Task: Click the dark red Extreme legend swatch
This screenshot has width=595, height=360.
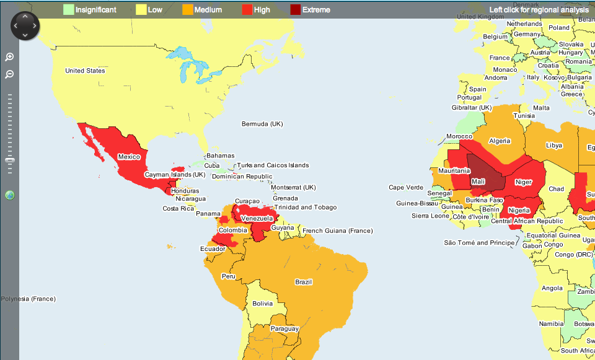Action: click(x=295, y=10)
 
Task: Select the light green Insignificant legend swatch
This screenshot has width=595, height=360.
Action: click(x=68, y=10)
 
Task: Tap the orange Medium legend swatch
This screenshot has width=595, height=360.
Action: click(x=187, y=10)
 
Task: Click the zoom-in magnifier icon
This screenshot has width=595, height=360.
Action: click(x=9, y=57)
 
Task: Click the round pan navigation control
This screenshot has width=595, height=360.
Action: click(x=25, y=25)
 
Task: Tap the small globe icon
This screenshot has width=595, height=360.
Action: click(x=9, y=196)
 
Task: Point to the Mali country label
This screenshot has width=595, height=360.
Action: click(x=478, y=182)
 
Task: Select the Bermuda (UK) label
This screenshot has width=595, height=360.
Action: click(x=262, y=124)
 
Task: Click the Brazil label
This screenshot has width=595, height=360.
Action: click(x=303, y=282)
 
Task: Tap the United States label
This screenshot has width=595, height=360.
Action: click(x=85, y=71)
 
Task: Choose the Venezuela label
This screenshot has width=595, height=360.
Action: click(x=257, y=219)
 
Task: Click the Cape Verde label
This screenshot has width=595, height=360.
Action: click(x=406, y=188)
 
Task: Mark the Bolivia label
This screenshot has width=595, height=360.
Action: click(x=262, y=304)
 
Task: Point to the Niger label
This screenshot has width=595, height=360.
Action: click(x=524, y=182)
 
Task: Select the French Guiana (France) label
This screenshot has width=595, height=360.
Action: click(x=338, y=231)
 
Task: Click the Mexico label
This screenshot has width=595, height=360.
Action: click(x=129, y=157)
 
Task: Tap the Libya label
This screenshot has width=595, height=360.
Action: click(x=554, y=146)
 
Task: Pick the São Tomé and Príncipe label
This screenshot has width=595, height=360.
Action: click(x=479, y=243)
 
